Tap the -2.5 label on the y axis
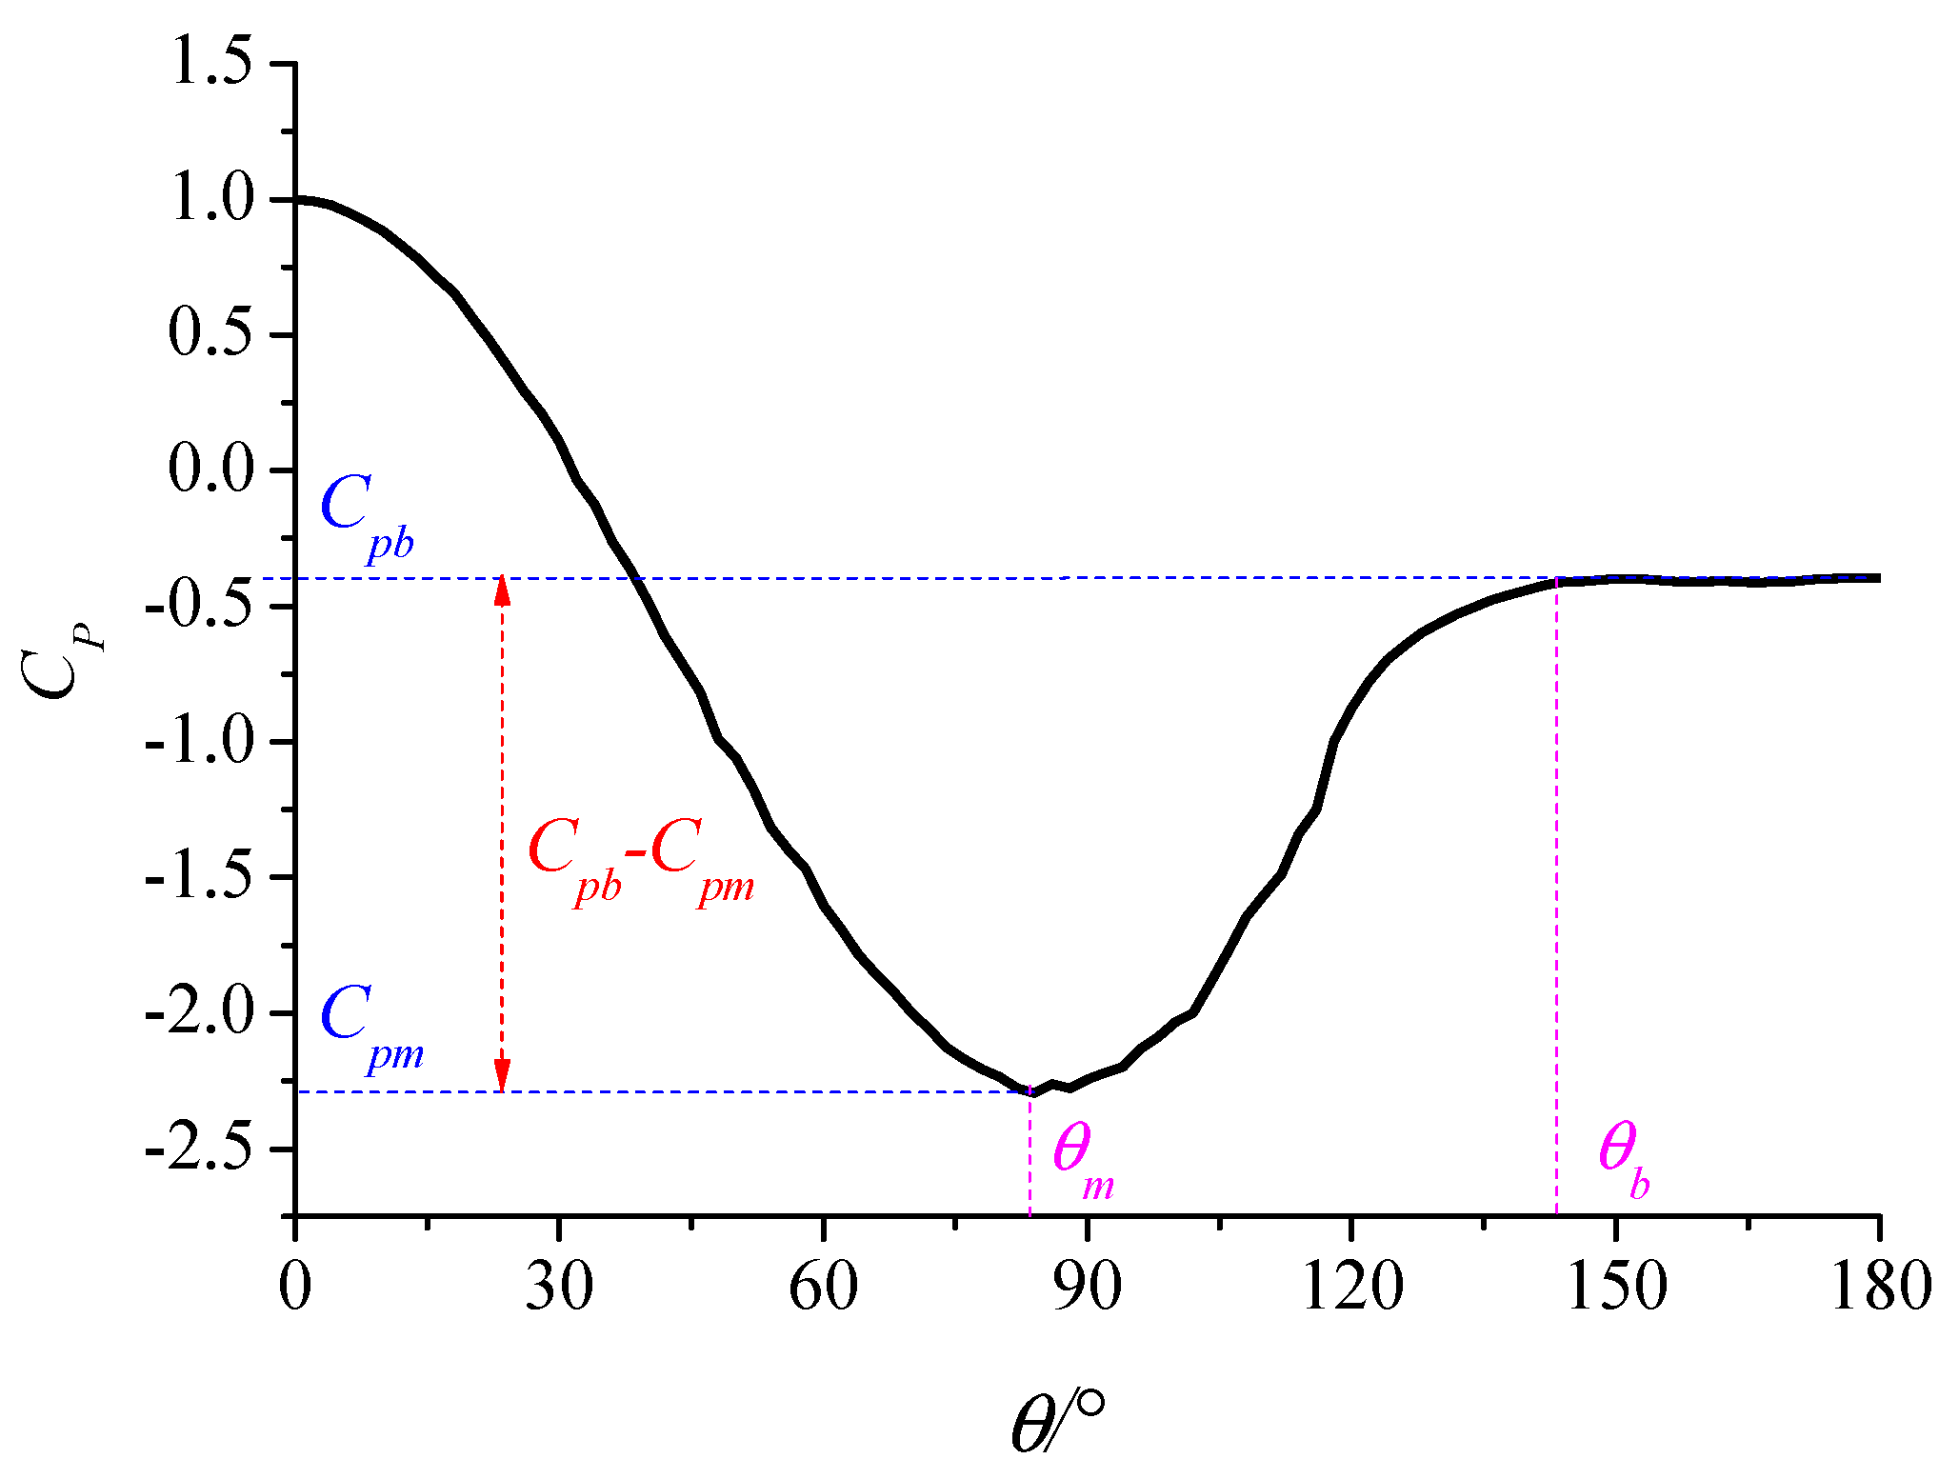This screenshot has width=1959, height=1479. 198,1148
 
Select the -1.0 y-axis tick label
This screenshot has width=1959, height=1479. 198,741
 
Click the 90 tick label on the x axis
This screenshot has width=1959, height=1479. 1087,1286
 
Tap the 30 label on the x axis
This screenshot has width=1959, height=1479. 559,1286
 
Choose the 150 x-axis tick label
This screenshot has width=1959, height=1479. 1616,1286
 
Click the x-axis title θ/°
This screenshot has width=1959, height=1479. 1057,1421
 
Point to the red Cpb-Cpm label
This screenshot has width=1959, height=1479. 641,859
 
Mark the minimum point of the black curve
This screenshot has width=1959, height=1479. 1032,1092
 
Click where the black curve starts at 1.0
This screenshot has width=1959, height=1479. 298,199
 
